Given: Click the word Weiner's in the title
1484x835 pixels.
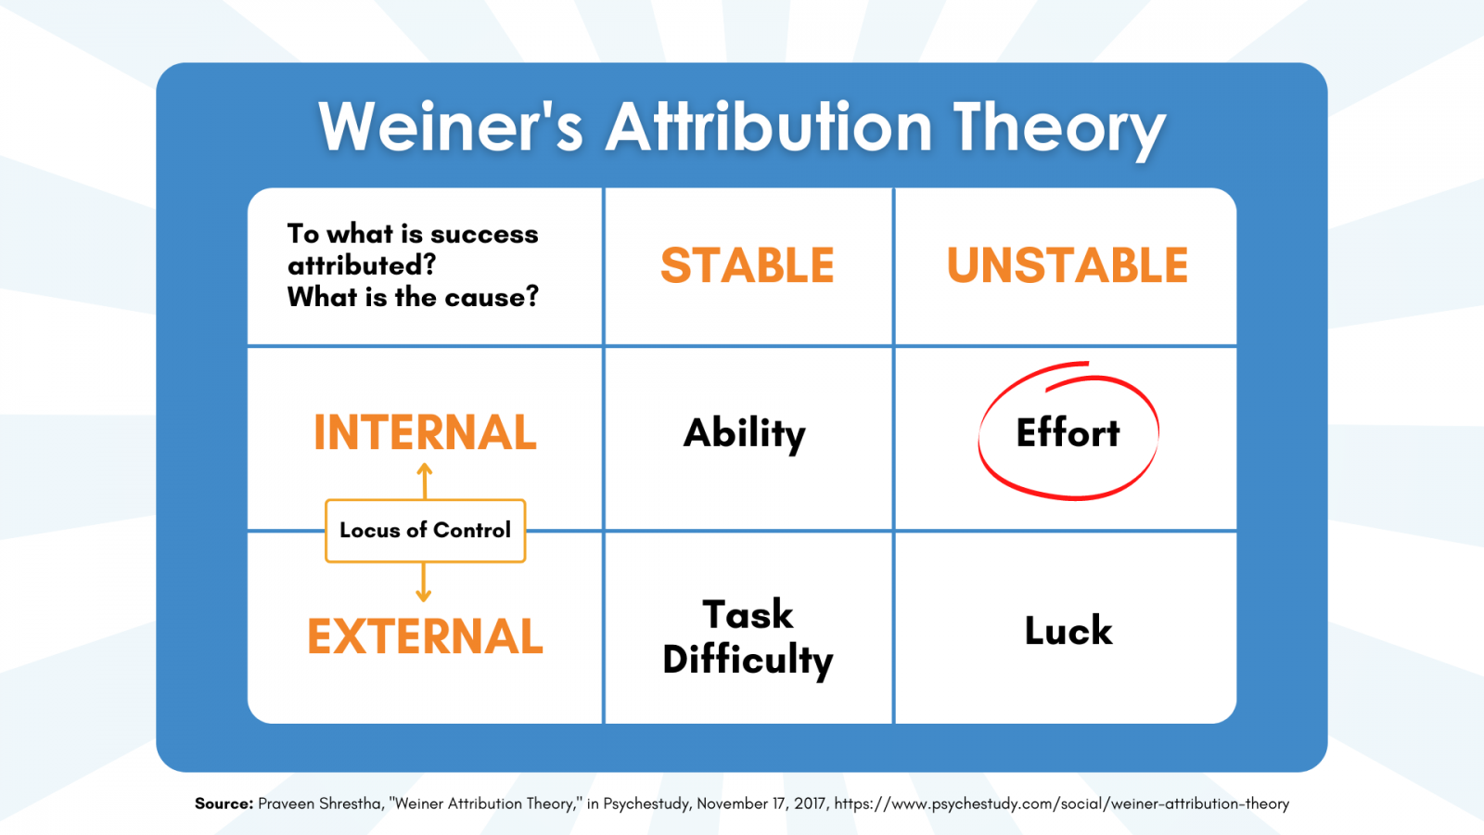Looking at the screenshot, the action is tap(451, 126).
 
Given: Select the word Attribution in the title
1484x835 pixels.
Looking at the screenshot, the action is tap(769, 126).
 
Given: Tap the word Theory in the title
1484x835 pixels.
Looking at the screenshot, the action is tap(1058, 131).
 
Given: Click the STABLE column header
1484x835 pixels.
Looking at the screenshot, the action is tap(748, 265).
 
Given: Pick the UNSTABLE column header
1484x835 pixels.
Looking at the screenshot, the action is tap(1068, 265).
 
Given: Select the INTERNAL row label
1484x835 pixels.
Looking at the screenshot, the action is tap(425, 432).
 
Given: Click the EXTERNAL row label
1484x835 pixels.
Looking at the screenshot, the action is tap(425, 636).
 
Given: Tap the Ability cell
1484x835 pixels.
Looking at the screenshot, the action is tap(745, 435).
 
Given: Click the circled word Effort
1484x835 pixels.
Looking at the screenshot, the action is tap(1068, 432).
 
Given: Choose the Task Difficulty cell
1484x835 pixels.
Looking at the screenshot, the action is tap(748, 637).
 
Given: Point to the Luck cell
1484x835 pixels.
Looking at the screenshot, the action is tap(1068, 630).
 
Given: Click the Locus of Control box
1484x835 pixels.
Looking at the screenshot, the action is tap(426, 531).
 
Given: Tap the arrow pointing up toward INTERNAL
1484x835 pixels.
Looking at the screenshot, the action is tap(425, 482).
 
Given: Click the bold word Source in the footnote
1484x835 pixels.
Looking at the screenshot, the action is tap(224, 803).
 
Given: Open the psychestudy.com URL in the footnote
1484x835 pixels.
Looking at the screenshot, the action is tap(1061, 804).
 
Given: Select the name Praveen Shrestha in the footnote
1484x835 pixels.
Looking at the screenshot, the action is tap(319, 803).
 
